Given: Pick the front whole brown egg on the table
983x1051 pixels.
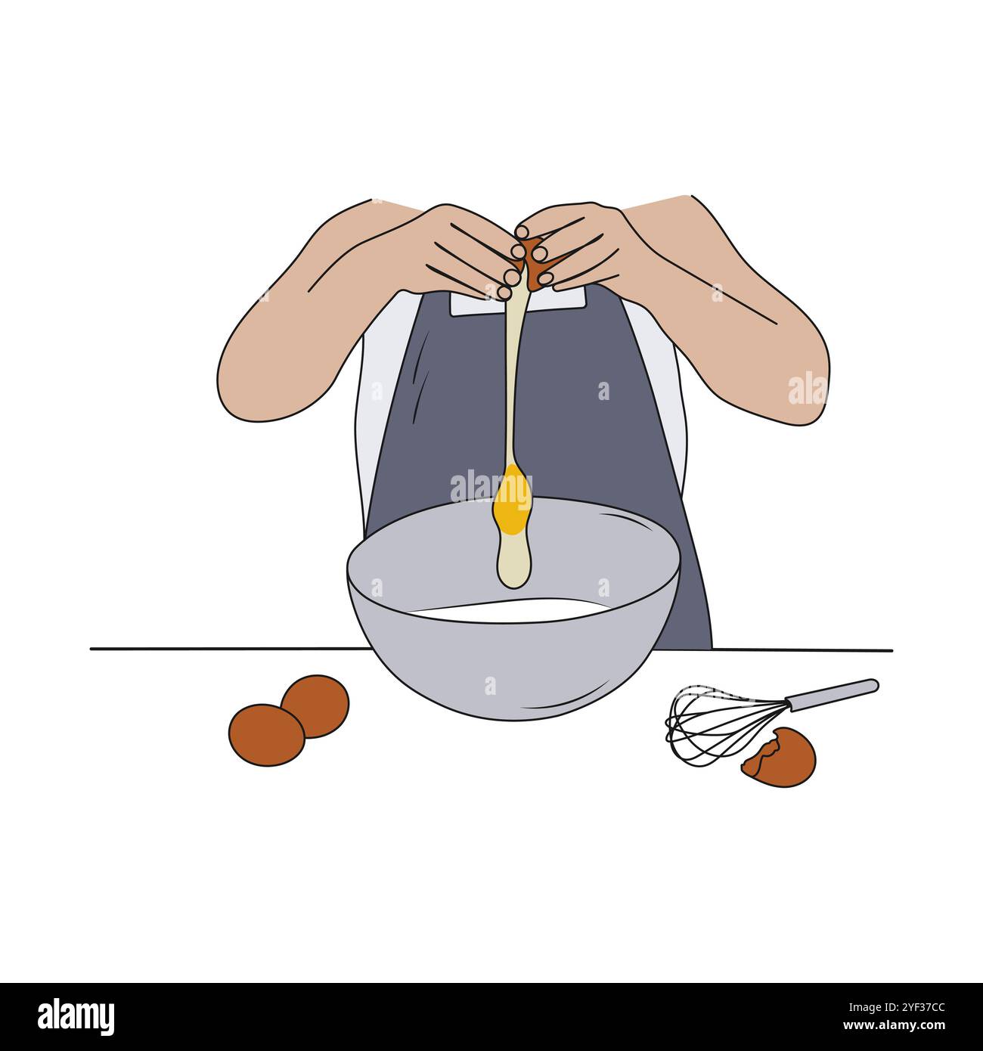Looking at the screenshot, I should point(265,734).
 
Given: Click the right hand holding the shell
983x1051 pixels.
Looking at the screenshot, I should point(582,242).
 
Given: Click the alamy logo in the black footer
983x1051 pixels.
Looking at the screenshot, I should point(76,1016).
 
